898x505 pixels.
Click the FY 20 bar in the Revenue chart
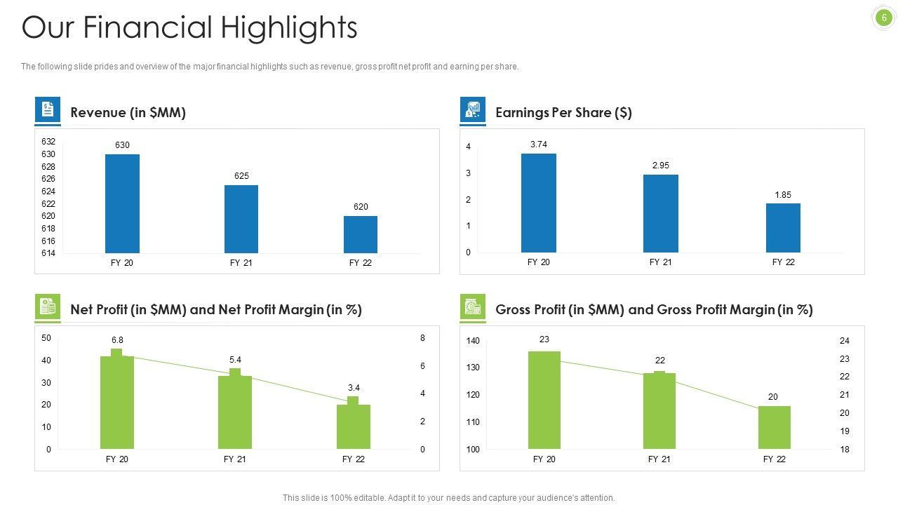click(x=122, y=203)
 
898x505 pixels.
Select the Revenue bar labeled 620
click(x=361, y=234)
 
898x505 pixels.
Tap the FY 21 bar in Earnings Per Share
click(x=660, y=213)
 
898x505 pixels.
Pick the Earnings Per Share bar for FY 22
click(x=783, y=228)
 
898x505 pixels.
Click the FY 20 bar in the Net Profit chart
click(x=117, y=403)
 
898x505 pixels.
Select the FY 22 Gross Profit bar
click(x=774, y=427)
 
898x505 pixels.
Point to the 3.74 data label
click(x=539, y=144)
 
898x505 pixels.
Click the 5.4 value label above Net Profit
click(x=235, y=360)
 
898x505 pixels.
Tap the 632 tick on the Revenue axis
click(x=48, y=142)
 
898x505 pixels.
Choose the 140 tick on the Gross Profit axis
click(x=473, y=341)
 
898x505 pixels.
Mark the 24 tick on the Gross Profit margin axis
click(x=845, y=341)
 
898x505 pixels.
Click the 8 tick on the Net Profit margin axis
click(x=422, y=338)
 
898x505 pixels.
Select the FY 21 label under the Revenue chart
click(x=241, y=263)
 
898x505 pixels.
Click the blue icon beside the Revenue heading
click(x=48, y=110)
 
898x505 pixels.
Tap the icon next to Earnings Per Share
click(x=473, y=110)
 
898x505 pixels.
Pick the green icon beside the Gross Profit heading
click(x=473, y=307)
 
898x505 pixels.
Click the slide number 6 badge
click(x=884, y=18)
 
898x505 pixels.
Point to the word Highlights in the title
click(x=289, y=28)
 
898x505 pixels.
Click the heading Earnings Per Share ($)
click(x=563, y=113)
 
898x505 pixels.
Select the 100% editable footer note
click(x=448, y=498)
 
